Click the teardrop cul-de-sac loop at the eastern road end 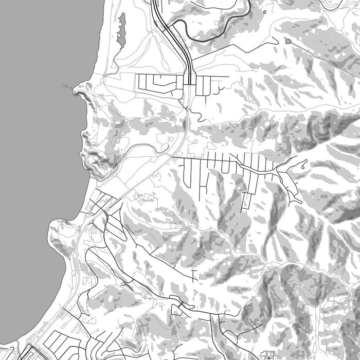304,165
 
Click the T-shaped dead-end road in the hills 193,272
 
